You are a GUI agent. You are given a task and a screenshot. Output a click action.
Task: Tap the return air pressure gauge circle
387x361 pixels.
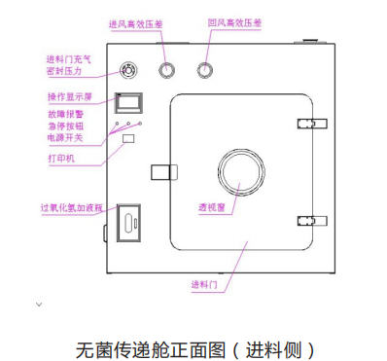click(x=205, y=69)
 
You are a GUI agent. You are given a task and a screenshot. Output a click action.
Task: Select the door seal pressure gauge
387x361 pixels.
click(x=127, y=70)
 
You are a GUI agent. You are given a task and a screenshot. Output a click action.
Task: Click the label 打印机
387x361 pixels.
click(x=62, y=157)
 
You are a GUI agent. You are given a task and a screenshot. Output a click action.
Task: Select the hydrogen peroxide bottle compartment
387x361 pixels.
click(x=128, y=222)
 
